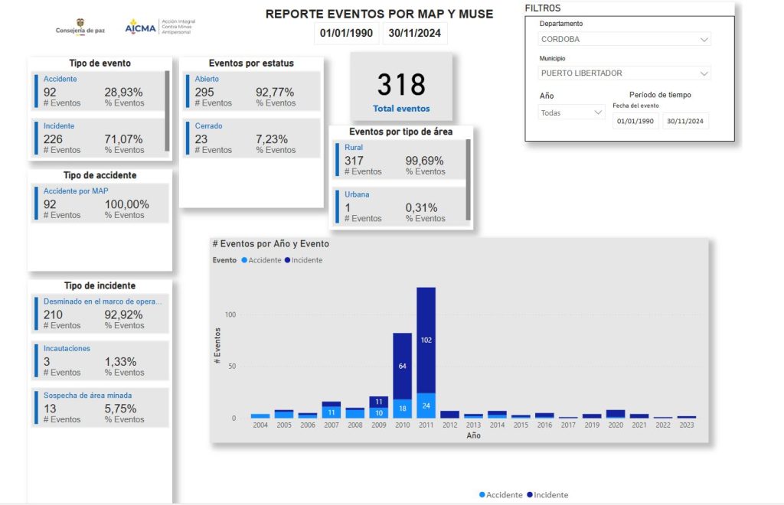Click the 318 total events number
pos(401,84)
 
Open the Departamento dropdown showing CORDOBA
pos(625,39)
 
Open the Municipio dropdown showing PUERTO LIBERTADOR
pos(625,73)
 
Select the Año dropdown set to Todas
pos(571,113)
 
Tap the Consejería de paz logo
pos(80,27)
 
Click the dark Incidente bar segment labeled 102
pos(426,340)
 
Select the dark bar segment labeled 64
pos(403,367)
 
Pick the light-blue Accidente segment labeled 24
pos(426,406)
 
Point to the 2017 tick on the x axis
pos(568,425)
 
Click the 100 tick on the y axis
pos(230,314)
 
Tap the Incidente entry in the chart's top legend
pos(303,260)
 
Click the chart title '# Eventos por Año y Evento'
pos(270,244)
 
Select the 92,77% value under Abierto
pos(275,93)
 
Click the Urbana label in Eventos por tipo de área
pos(357,194)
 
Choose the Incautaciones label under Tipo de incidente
pos(67,348)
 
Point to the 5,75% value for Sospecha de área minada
pos(120,409)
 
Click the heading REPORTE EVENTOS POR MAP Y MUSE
pos(379,14)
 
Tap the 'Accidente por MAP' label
pos(76,191)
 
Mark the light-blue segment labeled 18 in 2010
pos(403,409)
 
